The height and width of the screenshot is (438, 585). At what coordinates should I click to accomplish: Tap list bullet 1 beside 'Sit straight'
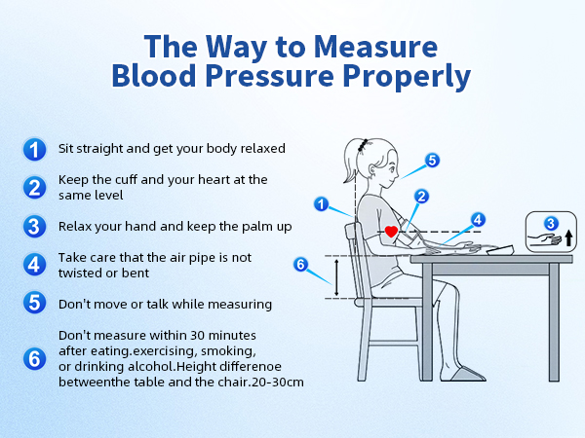[x=34, y=149]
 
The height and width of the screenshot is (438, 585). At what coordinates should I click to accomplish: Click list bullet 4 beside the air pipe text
[x=34, y=264]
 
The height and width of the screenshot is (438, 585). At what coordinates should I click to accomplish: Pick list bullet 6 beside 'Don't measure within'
[x=34, y=358]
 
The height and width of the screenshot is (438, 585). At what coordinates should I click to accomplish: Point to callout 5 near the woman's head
[x=432, y=161]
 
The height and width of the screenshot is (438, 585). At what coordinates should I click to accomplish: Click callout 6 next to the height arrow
[x=301, y=264]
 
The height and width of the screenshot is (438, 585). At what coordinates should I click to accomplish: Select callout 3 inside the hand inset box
[x=551, y=223]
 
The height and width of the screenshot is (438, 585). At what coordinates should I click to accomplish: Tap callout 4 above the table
[x=478, y=219]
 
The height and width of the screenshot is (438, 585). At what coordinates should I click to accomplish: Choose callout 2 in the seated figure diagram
[x=421, y=196]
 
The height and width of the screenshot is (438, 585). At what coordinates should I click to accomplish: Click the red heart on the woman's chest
[x=391, y=232]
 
